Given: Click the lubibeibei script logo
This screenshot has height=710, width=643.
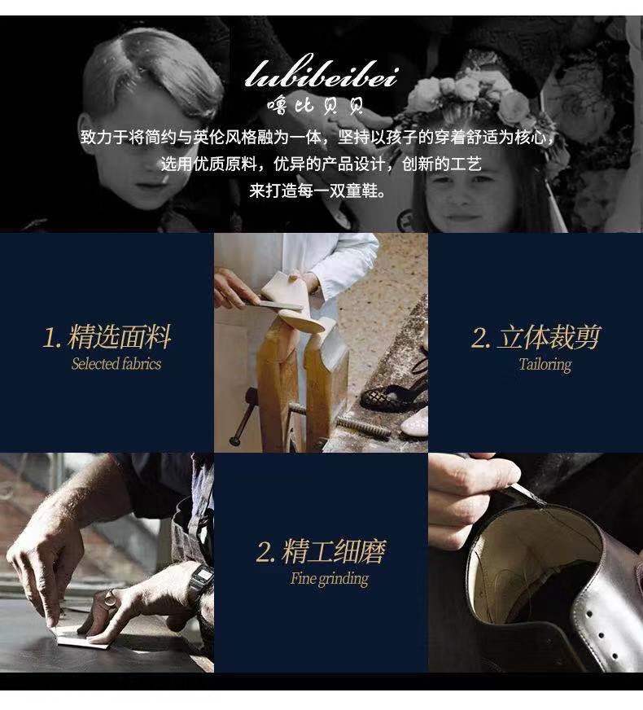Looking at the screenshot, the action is click(321, 72).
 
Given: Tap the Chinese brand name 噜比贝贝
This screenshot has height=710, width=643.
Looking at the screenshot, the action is click(315, 106).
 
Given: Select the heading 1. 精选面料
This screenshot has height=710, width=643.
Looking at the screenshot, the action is click(107, 337).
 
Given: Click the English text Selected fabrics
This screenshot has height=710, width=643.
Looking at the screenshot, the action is click(116, 364).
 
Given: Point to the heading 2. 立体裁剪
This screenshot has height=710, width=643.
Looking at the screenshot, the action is click(536, 337).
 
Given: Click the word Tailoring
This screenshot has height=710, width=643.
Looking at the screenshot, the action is click(545, 365).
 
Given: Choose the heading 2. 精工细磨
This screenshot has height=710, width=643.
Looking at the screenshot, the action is click(321, 551).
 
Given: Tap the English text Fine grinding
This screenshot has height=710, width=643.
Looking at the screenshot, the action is click(330, 579).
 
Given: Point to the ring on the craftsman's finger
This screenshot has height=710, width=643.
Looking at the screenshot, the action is click(110, 598).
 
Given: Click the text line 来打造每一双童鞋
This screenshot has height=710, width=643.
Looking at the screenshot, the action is click(317, 191).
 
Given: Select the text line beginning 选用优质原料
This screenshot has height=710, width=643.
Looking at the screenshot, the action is click(321, 164).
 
